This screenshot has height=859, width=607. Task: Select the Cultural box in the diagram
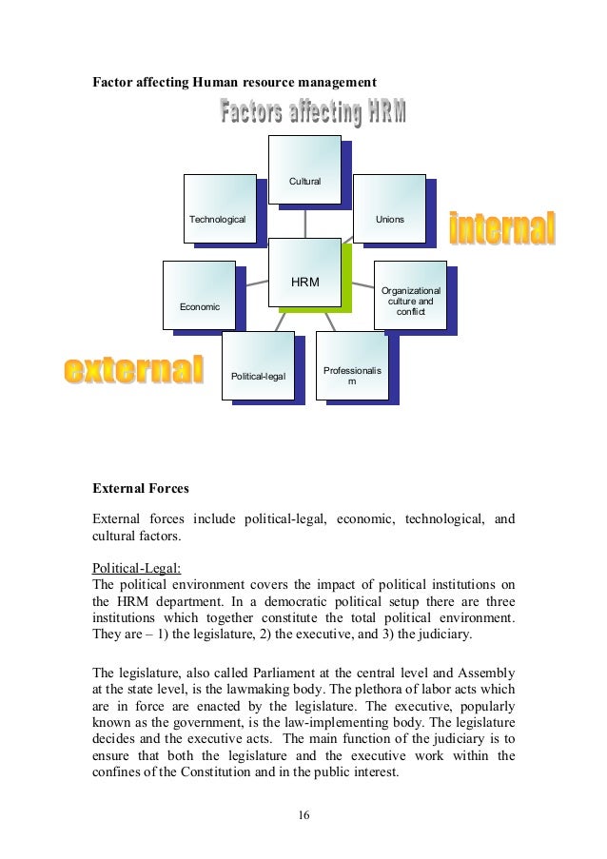click(x=303, y=170)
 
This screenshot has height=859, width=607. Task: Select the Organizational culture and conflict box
click(x=409, y=296)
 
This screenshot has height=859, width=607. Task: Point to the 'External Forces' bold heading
click(x=140, y=489)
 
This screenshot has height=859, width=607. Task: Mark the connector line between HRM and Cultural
click(x=304, y=221)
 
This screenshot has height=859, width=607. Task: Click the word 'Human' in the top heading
click(x=214, y=81)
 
